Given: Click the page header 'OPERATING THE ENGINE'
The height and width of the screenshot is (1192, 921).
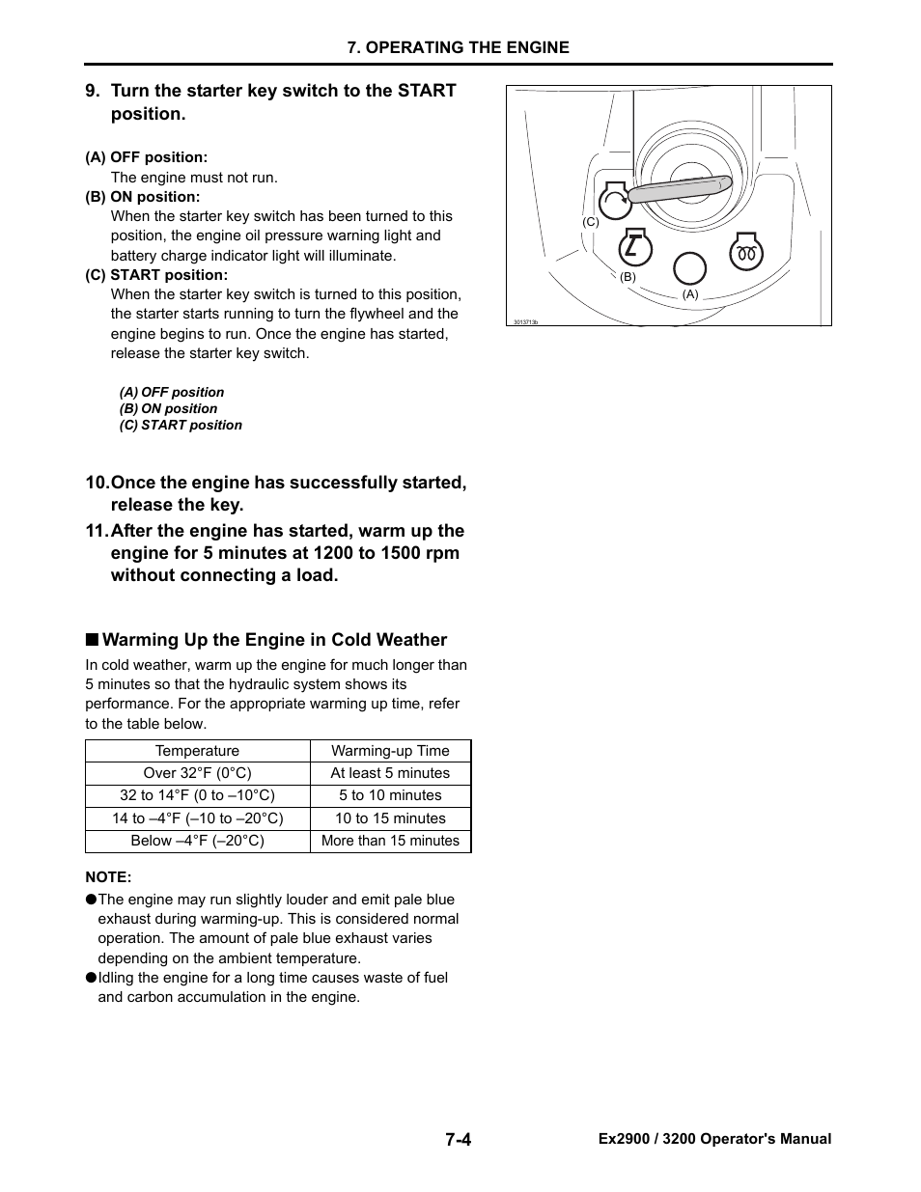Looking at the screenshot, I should pyautogui.click(x=459, y=47).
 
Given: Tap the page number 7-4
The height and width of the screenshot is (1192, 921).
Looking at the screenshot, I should pyautogui.click(x=459, y=1139).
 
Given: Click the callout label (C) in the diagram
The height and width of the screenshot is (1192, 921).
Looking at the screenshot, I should pyautogui.click(x=591, y=222).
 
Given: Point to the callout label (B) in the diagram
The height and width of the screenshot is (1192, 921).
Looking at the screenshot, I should pyautogui.click(x=628, y=276).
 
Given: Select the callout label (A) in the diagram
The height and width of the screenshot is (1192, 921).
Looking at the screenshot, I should pyautogui.click(x=690, y=294).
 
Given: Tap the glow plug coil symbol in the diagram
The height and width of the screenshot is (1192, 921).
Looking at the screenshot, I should pyautogui.click(x=746, y=253).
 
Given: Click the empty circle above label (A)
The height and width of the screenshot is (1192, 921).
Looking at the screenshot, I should pyautogui.click(x=689, y=268).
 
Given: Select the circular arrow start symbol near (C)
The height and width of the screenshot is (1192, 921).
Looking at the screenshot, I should pyautogui.click(x=615, y=201).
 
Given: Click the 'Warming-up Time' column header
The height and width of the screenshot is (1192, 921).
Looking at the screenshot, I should pyautogui.click(x=390, y=751).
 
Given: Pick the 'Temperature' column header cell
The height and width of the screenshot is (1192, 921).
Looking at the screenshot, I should pyautogui.click(x=197, y=751).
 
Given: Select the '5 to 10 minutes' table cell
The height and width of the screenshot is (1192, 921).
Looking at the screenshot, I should pyautogui.click(x=390, y=795).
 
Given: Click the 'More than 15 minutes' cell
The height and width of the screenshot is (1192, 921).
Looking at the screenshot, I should pyautogui.click(x=390, y=841).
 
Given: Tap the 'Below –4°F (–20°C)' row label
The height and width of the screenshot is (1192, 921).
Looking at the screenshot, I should pyautogui.click(x=197, y=841).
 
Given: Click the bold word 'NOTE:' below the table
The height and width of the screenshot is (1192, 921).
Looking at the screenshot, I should pyautogui.click(x=108, y=876).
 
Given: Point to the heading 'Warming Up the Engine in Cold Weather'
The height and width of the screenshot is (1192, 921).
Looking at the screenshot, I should pyautogui.click(x=274, y=640).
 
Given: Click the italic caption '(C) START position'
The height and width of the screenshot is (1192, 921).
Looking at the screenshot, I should pyautogui.click(x=181, y=425).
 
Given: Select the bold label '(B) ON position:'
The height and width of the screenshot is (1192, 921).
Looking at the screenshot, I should pyautogui.click(x=143, y=196).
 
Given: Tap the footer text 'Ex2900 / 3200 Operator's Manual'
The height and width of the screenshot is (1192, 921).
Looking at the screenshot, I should pyautogui.click(x=714, y=1139).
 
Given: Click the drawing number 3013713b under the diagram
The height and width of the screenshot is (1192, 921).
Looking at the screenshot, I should pyautogui.click(x=526, y=321).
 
